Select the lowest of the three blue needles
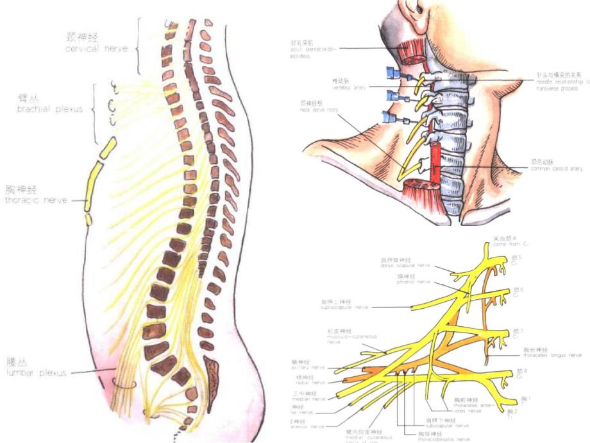[389, 117]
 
